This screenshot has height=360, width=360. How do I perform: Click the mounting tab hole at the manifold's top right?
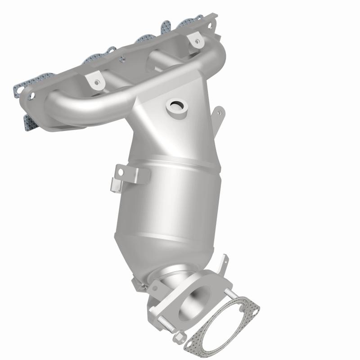coord(196,41)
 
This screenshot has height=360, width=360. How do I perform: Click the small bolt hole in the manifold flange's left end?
coord(32,95)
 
